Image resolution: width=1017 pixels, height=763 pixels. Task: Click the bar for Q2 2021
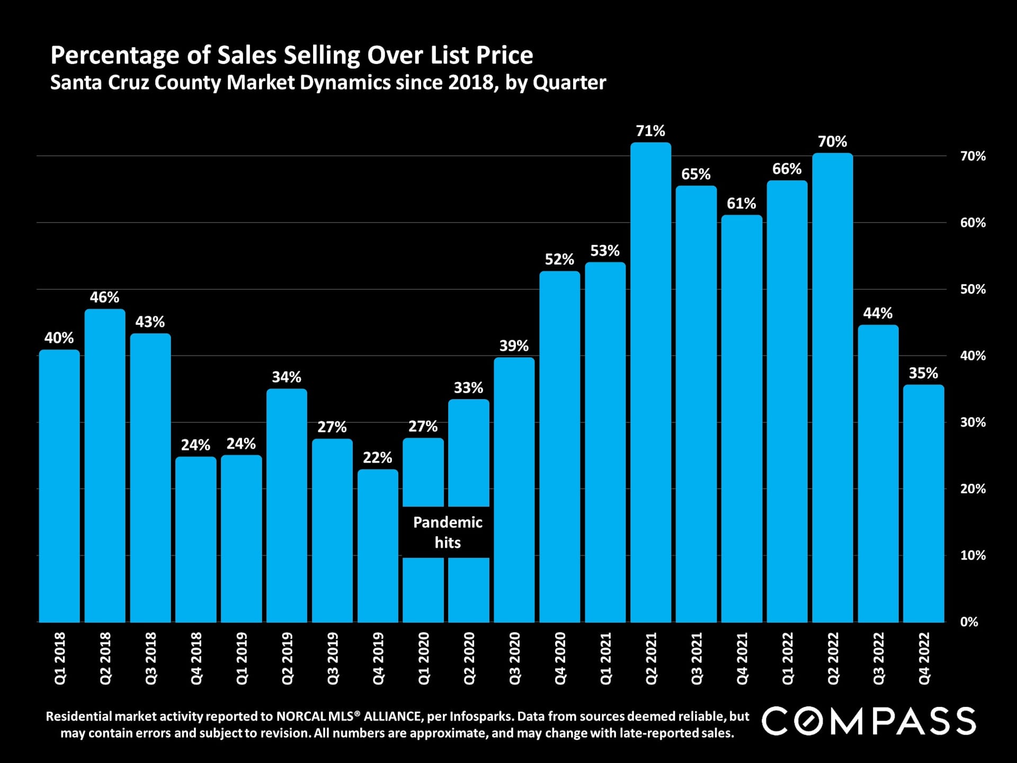tap(650, 381)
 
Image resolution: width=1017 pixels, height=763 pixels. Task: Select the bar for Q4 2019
tap(378, 546)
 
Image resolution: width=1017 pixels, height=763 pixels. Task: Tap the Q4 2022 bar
tap(923, 503)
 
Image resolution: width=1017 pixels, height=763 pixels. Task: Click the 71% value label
tap(650, 131)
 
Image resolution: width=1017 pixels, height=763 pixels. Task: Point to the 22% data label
tap(377, 458)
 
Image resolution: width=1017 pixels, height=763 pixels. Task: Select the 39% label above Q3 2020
tap(514, 346)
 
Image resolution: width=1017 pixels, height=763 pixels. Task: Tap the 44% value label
tap(878, 313)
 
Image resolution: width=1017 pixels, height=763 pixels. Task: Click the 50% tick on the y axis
tap(973, 289)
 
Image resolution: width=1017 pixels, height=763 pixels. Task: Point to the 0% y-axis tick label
tap(969, 622)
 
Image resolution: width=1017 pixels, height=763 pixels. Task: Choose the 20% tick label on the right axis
tap(973, 489)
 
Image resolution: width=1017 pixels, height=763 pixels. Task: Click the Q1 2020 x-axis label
tap(424, 658)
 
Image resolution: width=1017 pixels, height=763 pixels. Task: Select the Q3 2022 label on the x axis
tap(878, 658)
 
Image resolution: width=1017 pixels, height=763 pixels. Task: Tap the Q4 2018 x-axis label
tap(196, 658)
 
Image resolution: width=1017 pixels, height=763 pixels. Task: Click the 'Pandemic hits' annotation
tap(448, 533)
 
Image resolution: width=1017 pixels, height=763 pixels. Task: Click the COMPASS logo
tap(869, 721)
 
